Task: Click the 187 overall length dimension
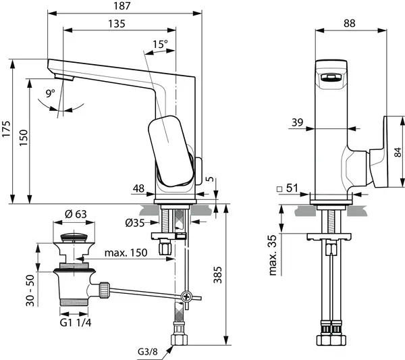click(x=124, y=6)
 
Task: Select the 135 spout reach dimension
click(x=115, y=25)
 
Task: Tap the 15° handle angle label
click(x=161, y=44)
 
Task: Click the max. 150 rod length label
click(x=126, y=253)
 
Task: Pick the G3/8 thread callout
click(x=148, y=351)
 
